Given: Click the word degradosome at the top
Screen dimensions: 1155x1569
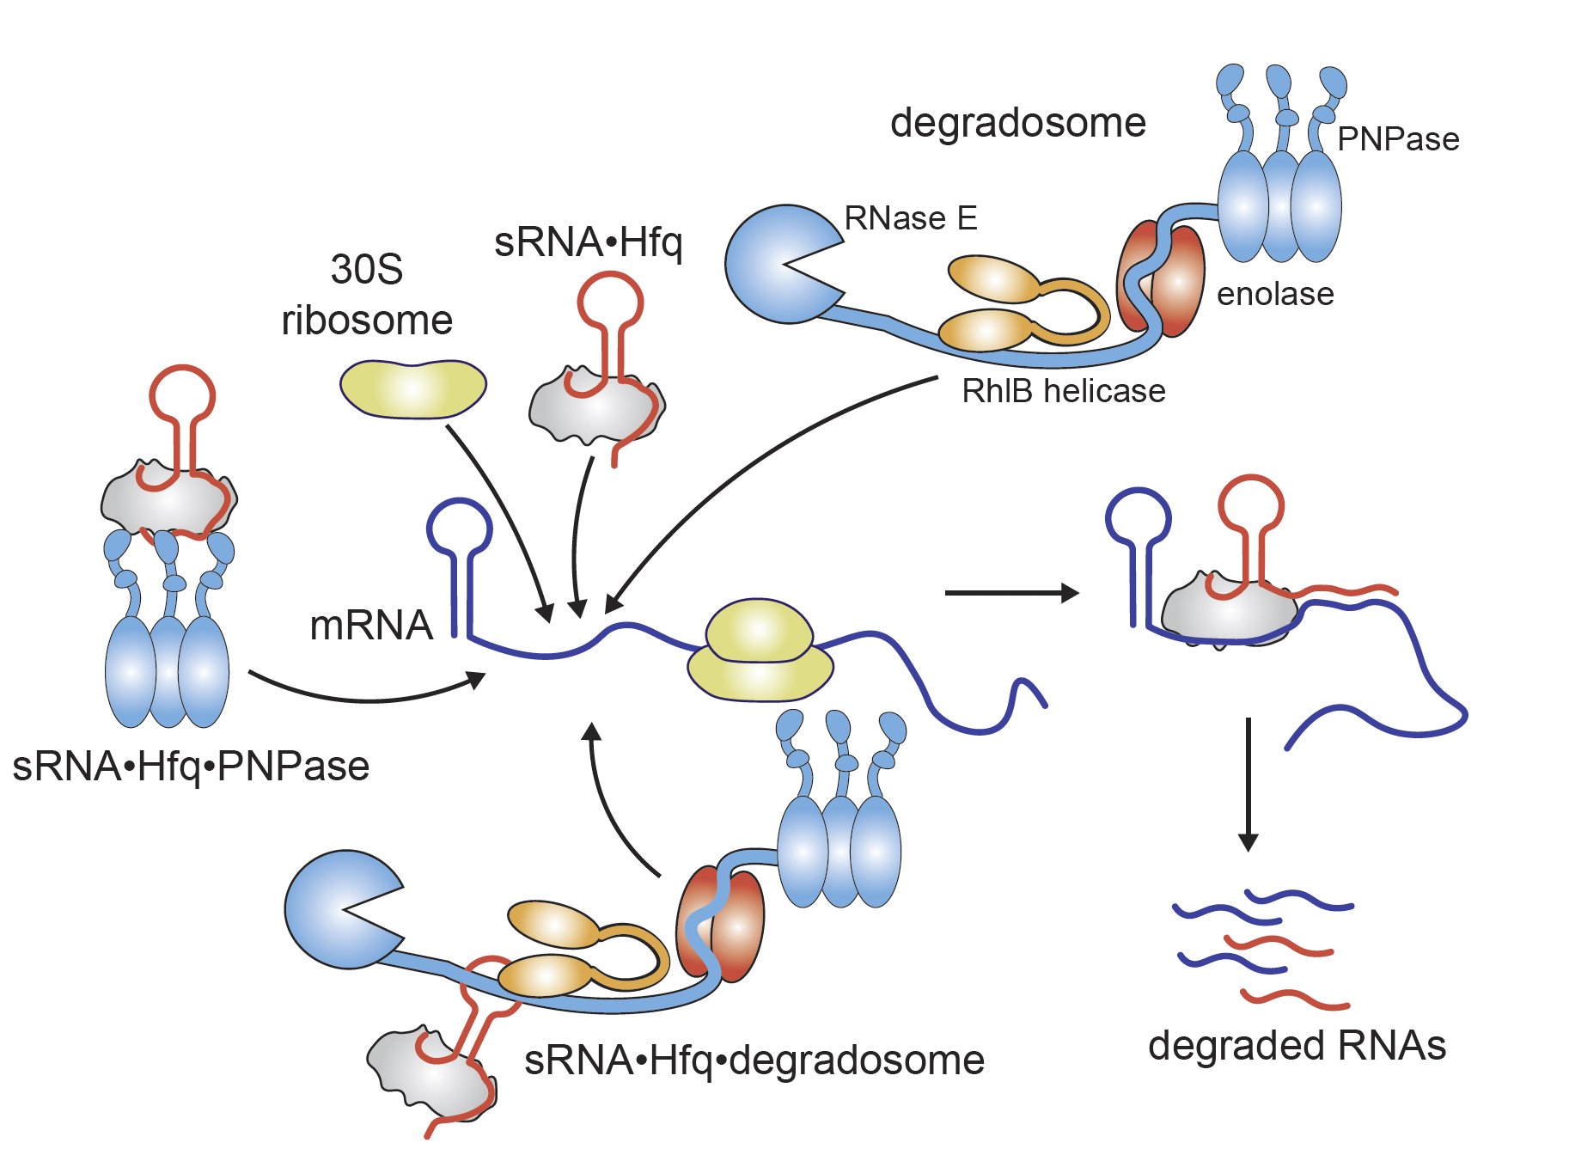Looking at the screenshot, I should click(1017, 123).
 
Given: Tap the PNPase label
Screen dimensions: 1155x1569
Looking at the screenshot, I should click(1398, 139).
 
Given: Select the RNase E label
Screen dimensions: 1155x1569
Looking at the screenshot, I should click(911, 218).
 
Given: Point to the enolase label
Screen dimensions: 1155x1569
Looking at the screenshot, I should click(1275, 295).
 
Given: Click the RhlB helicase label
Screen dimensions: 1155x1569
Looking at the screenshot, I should click(1063, 392).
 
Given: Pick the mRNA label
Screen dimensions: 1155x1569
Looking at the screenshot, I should click(370, 626).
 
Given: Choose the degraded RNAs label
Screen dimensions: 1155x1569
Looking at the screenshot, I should click(1297, 1046).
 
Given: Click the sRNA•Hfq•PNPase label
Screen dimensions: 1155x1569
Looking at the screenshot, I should click(191, 766).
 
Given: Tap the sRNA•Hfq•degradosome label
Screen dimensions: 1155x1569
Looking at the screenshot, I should click(754, 1060).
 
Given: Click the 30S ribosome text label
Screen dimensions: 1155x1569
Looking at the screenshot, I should click(367, 295).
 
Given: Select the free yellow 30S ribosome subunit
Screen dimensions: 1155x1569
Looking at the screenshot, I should click(413, 389).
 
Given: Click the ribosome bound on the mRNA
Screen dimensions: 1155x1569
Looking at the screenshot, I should click(760, 652).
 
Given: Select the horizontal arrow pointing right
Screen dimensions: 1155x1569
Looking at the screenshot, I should click(1010, 593).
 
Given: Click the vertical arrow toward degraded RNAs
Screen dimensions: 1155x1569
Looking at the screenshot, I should click(1248, 782).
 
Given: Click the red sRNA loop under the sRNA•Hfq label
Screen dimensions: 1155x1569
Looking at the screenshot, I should click(610, 302).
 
